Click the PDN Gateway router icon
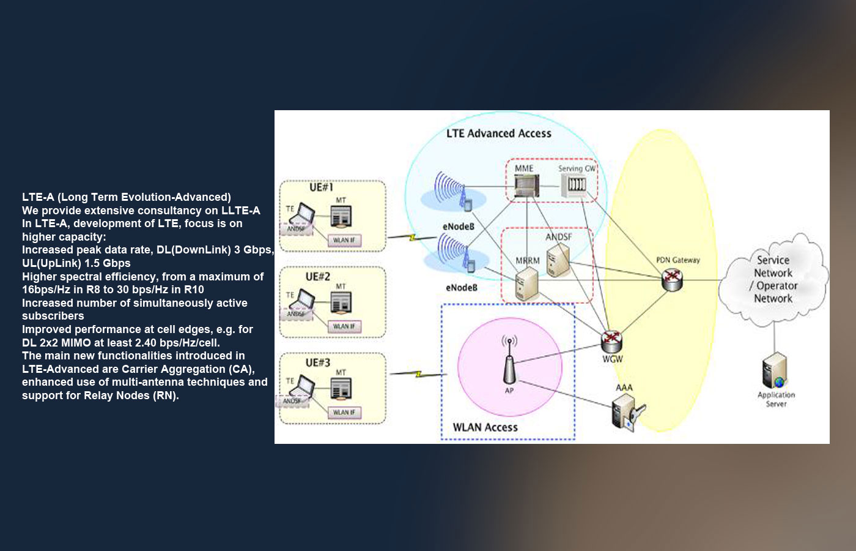[673, 280]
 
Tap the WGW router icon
[611, 341]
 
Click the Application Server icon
[773, 371]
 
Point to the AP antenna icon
[509, 365]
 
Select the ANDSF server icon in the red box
[558, 260]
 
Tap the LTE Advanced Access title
[498, 133]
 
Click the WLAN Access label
[485, 427]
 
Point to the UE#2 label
[318, 277]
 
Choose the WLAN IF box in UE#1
[344, 241]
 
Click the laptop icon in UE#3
[301, 388]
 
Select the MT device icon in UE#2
[341, 303]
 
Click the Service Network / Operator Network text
[773, 279]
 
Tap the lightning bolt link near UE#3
[419, 373]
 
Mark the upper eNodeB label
[459, 227]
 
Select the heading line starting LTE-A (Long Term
[127, 197]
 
